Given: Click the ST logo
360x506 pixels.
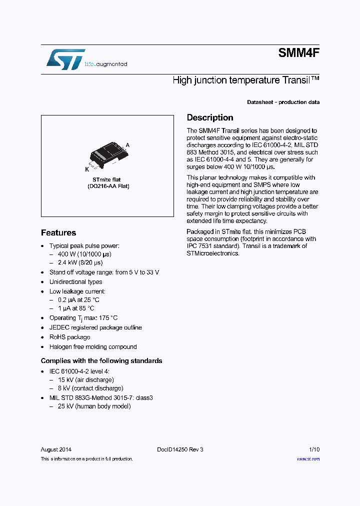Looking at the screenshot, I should pyautogui.click(x=65, y=59).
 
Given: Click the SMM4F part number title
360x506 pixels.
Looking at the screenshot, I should pyautogui.click(x=298, y=53).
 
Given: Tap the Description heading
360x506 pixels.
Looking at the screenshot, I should pyautogui.click(x=210, y=118).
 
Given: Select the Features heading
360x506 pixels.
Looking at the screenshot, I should pyautogui.click(x=58, y=233).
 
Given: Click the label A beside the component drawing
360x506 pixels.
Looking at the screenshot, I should pyautogui.click(x=127, y=144).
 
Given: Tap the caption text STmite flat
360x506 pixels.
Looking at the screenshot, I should pyautogui.click(x=106, y=179).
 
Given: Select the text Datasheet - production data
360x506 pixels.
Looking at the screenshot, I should pyautogui.click(x=283, y=102).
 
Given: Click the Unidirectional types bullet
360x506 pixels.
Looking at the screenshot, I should pyautogui.click(x=75, y=282).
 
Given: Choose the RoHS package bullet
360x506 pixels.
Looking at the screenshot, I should pyautogui.click(x=69, y=337).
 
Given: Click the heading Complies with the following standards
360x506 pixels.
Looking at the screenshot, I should pyautogui.click(x=101, y=361).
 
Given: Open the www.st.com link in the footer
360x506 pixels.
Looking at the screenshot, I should pyautogui.click(x=308, y=459).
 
